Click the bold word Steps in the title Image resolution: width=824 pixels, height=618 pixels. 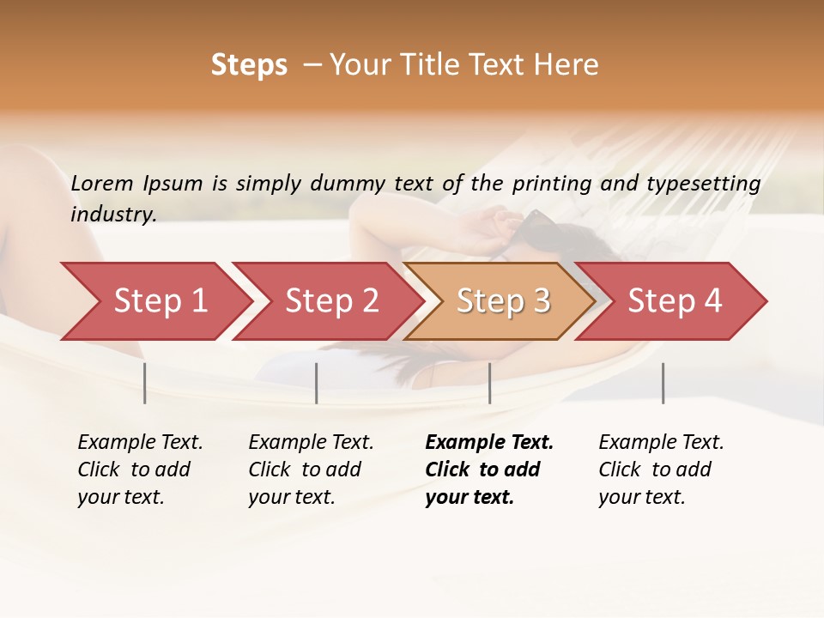[249, 65]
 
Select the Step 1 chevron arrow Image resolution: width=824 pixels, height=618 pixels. [154, 301]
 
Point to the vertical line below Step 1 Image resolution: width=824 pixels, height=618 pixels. [145, 383]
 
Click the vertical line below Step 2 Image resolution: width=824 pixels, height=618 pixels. [317, 383]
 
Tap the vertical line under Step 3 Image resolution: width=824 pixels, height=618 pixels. [489, 383]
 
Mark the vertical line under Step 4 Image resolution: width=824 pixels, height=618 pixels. [663, 383]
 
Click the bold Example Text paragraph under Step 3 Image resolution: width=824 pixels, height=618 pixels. [488, 470]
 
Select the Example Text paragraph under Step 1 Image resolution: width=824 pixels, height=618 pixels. [140, 470]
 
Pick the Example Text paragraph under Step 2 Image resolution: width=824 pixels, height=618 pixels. [311, 470]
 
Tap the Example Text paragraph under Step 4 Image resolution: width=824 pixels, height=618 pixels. [661, 470]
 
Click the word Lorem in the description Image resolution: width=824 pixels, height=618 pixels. [102, 183]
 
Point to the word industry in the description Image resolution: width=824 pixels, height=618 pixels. [112, 214]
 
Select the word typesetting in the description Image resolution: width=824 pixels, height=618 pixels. [703, 184]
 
